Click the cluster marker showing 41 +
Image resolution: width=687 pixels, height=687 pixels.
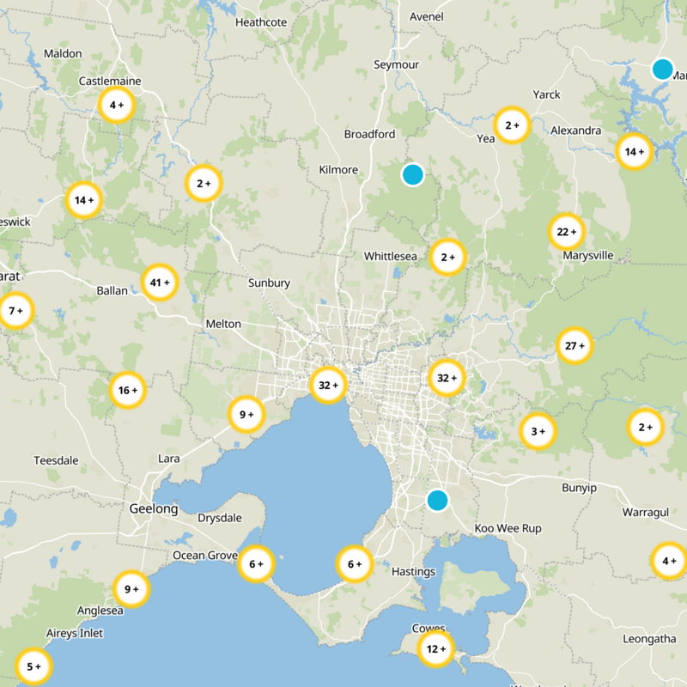[160, 282]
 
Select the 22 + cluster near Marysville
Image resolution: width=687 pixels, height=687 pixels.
[567, 231]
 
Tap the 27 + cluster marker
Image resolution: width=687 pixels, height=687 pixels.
[575, 346]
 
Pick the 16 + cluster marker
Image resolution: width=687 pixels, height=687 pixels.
[127, 390]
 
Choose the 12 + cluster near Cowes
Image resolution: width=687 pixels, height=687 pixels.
[435, 649]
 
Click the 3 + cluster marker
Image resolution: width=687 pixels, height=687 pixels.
[538, 431]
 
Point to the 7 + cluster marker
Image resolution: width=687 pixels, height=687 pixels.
[15, 311]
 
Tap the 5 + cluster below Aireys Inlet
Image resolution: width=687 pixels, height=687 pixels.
[33, 666]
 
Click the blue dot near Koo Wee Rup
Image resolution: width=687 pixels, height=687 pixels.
[438, 500]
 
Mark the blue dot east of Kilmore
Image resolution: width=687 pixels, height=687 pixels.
[413, 174]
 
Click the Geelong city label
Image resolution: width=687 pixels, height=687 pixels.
[154, 508]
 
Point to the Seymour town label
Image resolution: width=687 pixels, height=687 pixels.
[397, 65]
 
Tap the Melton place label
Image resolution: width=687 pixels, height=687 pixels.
[223, 324]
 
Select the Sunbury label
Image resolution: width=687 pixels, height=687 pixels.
[269, 283]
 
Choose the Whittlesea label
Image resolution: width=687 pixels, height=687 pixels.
[390, 256]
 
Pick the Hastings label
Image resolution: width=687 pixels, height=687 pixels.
[413, 571]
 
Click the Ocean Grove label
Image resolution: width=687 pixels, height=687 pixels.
[204, 556]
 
